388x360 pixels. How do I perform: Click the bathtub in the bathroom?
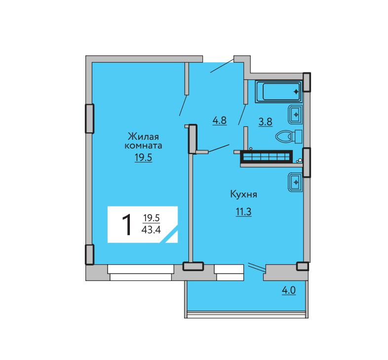[x=278, y=91]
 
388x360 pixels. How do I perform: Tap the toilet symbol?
[x=289, y=136]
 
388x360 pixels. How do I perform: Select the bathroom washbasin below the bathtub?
[x=295, y=115]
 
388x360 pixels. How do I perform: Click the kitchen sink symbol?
[x=295, y=182]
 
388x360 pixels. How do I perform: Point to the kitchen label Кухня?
[x=244, y=195]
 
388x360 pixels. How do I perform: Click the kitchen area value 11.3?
[x=244, y=212]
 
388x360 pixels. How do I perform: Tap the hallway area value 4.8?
[x=220, y=120]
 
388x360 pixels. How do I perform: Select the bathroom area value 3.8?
[x=266, y=122]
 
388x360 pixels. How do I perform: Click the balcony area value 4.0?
[x=289, y=290]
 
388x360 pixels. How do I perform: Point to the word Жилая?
[x=143, y=136]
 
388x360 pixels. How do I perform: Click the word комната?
[x=143, y=146]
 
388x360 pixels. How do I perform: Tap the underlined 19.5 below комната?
[x=143, y=158]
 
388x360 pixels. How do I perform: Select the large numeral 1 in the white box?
[x=127, y=225]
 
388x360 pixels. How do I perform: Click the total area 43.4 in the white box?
[x=151, y=230]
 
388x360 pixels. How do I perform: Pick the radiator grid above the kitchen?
[x=267, y=157]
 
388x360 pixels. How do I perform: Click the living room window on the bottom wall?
[x=141, y=273]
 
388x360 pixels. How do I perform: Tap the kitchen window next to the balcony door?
[x=229, y=273]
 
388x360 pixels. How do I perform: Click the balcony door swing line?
[x=257, y=266]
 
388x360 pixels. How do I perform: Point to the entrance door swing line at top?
[x=222, y=65]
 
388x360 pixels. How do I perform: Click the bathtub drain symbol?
[x=296, y=92]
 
